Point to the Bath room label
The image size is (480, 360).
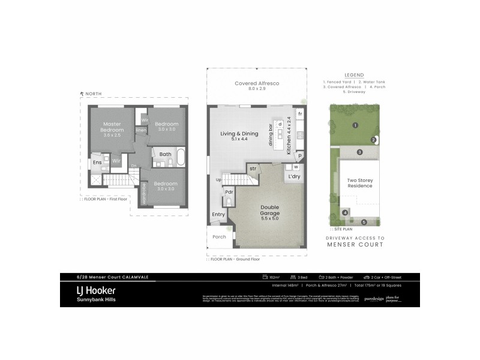tap(166, 154)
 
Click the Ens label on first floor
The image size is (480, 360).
tap(96, 161)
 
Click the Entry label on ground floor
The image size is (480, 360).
tap(218, 214)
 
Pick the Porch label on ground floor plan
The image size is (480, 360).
tap(219, 236)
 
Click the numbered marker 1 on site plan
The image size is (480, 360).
tap(355, 125)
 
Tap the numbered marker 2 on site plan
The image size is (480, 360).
tap(373, 140)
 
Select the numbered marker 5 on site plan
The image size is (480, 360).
tap(363, 223)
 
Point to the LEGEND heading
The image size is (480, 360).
tap(355, 75)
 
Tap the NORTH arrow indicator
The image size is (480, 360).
tap(82, 94)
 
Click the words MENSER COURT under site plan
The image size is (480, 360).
tap(355, 245)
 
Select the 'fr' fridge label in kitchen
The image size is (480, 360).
tap(300, 113)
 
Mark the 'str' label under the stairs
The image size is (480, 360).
tap(253, 169)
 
